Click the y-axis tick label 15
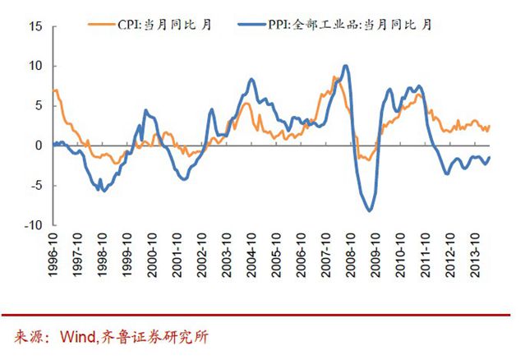click(x=35, y=26)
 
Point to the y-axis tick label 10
click(x=35, y=66)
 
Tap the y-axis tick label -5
click(x=36, y=186)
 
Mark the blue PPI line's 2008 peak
click(x=345, y=66)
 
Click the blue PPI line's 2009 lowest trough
click(x=370, y=211)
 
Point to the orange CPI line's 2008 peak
click(x=334, y=77)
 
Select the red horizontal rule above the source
click(x=262, y=316)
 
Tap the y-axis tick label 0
click(x=39, y=145)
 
